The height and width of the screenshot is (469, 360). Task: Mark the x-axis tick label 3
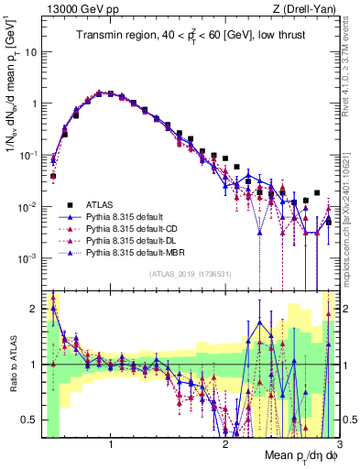[339, 446]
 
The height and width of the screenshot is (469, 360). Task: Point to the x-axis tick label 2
[225, 446]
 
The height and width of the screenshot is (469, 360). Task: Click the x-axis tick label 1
[111, 446]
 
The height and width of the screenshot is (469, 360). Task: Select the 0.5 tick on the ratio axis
[29, 420]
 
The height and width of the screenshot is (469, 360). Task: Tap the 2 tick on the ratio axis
[33, 309]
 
